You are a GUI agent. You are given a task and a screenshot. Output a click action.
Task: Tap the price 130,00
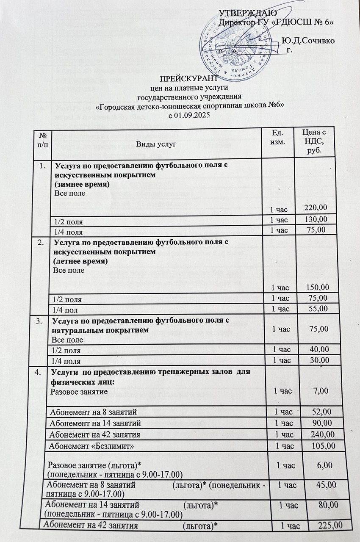316,219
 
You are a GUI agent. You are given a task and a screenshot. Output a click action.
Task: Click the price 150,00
316,288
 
